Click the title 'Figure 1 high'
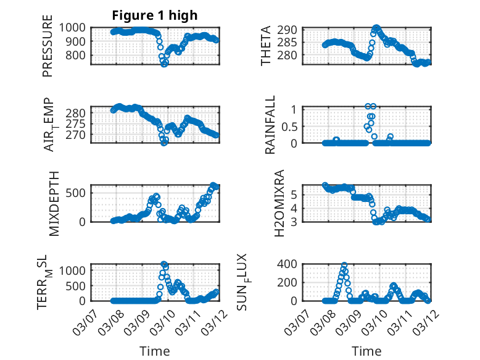(154, 15)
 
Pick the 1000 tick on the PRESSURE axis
(77, 27)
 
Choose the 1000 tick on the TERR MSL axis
(77, 270)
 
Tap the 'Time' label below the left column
(154, 351)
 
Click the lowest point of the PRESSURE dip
(164, 64)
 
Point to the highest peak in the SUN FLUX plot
(344, 265)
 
